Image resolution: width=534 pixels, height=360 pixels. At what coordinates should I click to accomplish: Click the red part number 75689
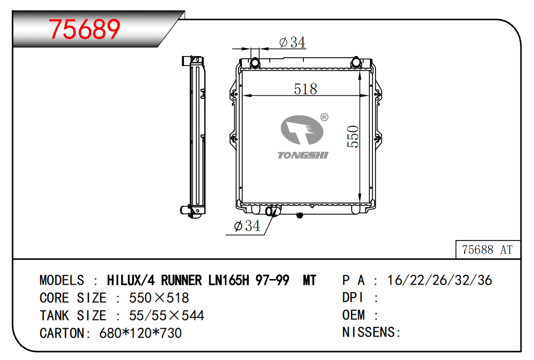(85, 29)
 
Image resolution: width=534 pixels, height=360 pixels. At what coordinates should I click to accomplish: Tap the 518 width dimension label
(305, 89)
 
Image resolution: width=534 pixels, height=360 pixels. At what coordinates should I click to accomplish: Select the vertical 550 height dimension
(353, 136)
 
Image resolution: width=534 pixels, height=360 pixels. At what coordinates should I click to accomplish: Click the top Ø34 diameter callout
(292, 42)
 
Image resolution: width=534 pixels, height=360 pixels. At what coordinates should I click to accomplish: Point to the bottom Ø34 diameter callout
(247, 225)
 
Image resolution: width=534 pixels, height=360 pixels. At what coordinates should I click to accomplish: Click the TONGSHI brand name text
(302, 155)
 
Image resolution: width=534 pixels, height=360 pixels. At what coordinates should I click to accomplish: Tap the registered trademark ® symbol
(324, 117)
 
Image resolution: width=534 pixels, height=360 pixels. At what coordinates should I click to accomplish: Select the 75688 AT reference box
(488, 250)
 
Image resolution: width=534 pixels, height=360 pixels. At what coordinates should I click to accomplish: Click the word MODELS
(62, 281)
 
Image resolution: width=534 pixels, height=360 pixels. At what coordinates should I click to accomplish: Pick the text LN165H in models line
(229, 281)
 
